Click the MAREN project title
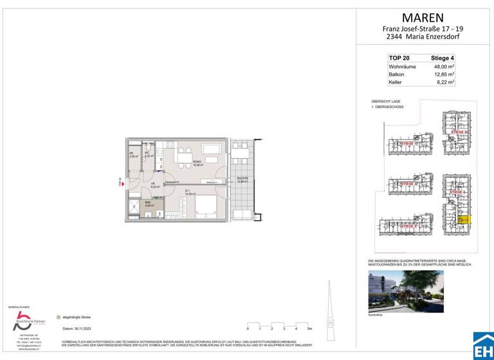423,17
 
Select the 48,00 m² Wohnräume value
443,66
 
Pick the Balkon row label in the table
396,74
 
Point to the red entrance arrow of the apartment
120,183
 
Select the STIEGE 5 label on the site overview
407,226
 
